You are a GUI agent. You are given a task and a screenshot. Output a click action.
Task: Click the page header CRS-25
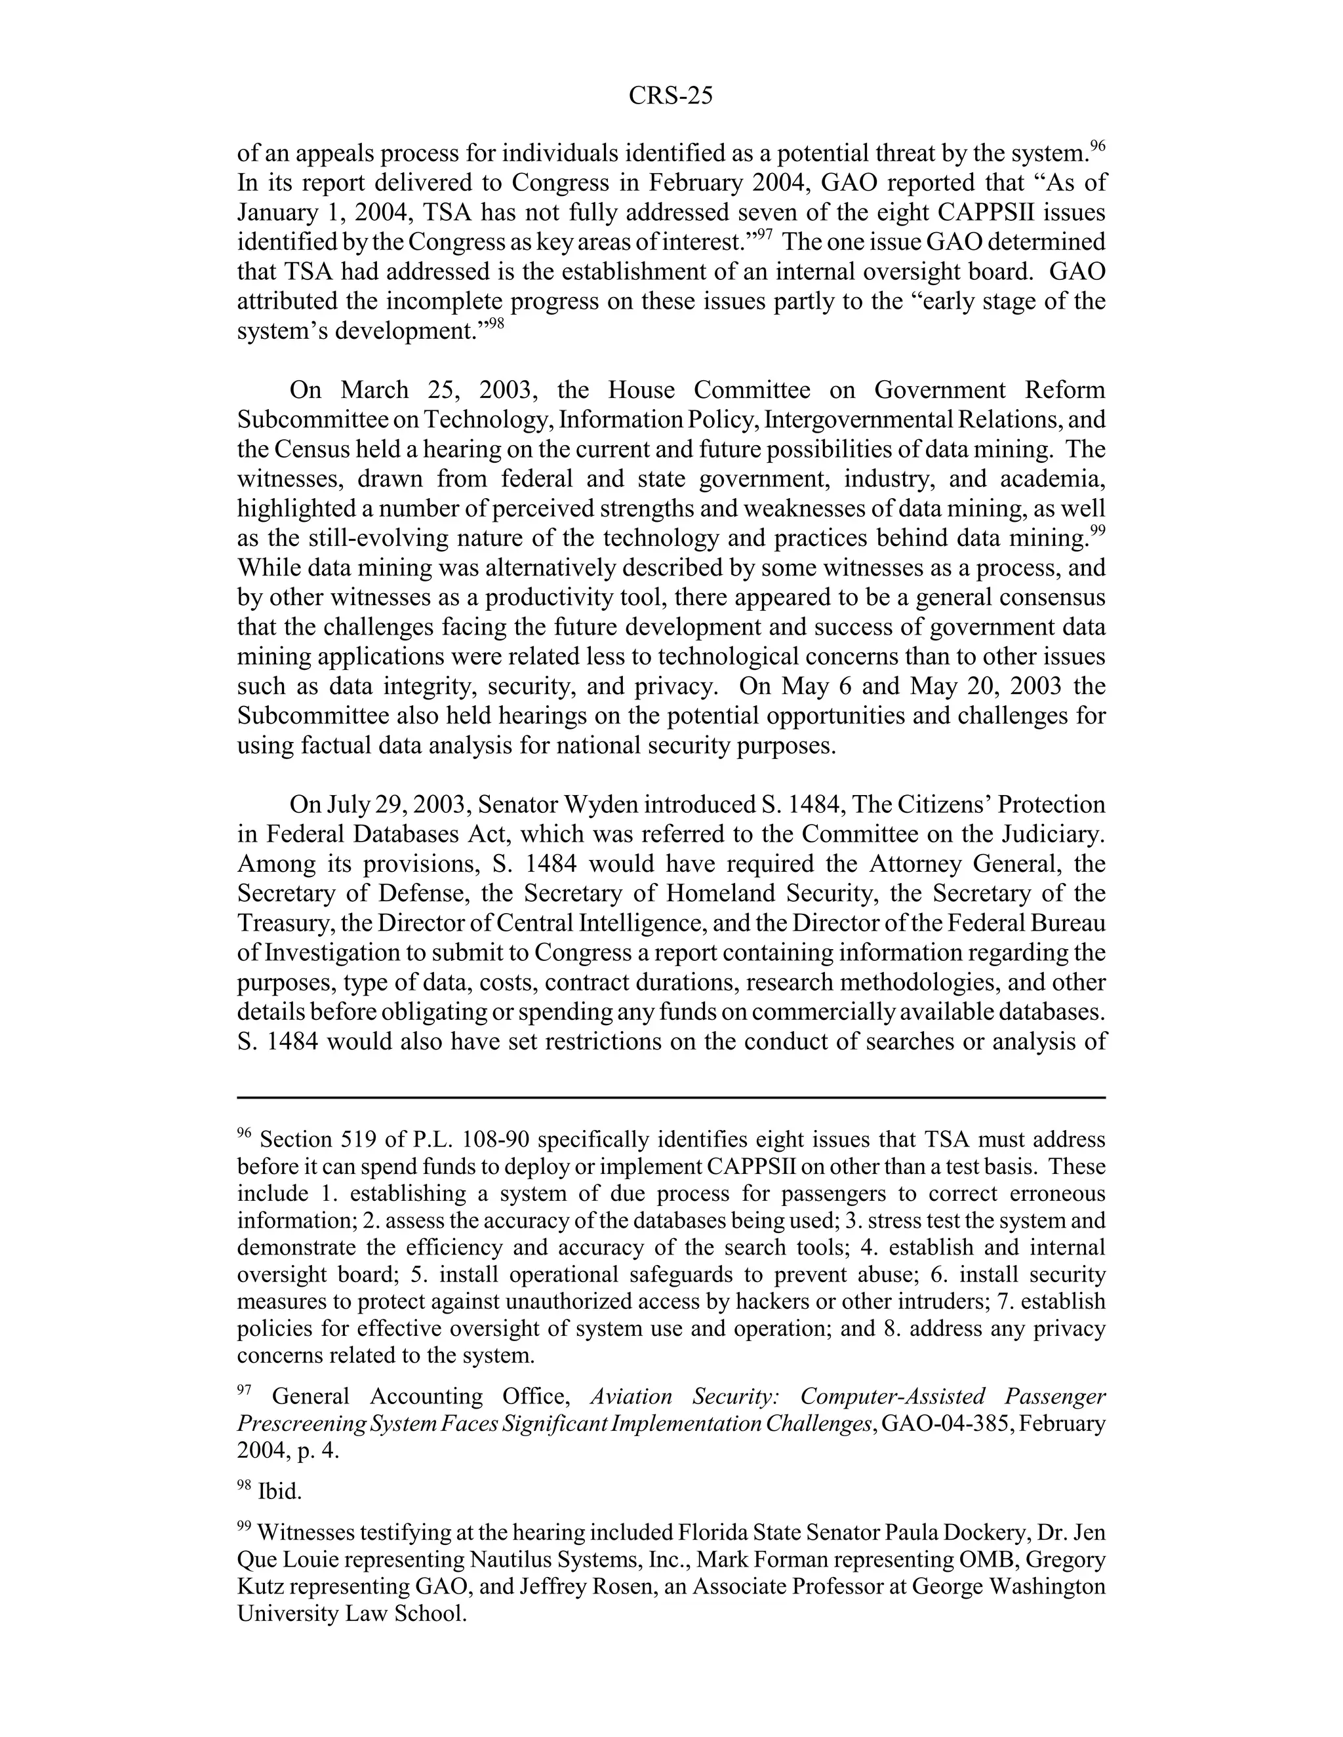point(670,96)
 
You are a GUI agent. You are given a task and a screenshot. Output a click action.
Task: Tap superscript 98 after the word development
point(496,324)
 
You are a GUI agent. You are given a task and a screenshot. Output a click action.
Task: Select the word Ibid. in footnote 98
point(280,1492)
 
